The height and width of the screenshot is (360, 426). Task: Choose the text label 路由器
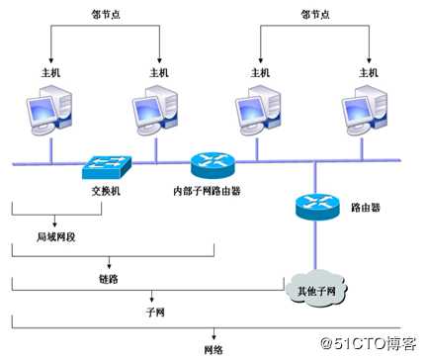pos(367,209)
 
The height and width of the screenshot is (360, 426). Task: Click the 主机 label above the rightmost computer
pos(366,72)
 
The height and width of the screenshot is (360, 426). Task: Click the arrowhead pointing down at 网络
pos(213,337)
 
